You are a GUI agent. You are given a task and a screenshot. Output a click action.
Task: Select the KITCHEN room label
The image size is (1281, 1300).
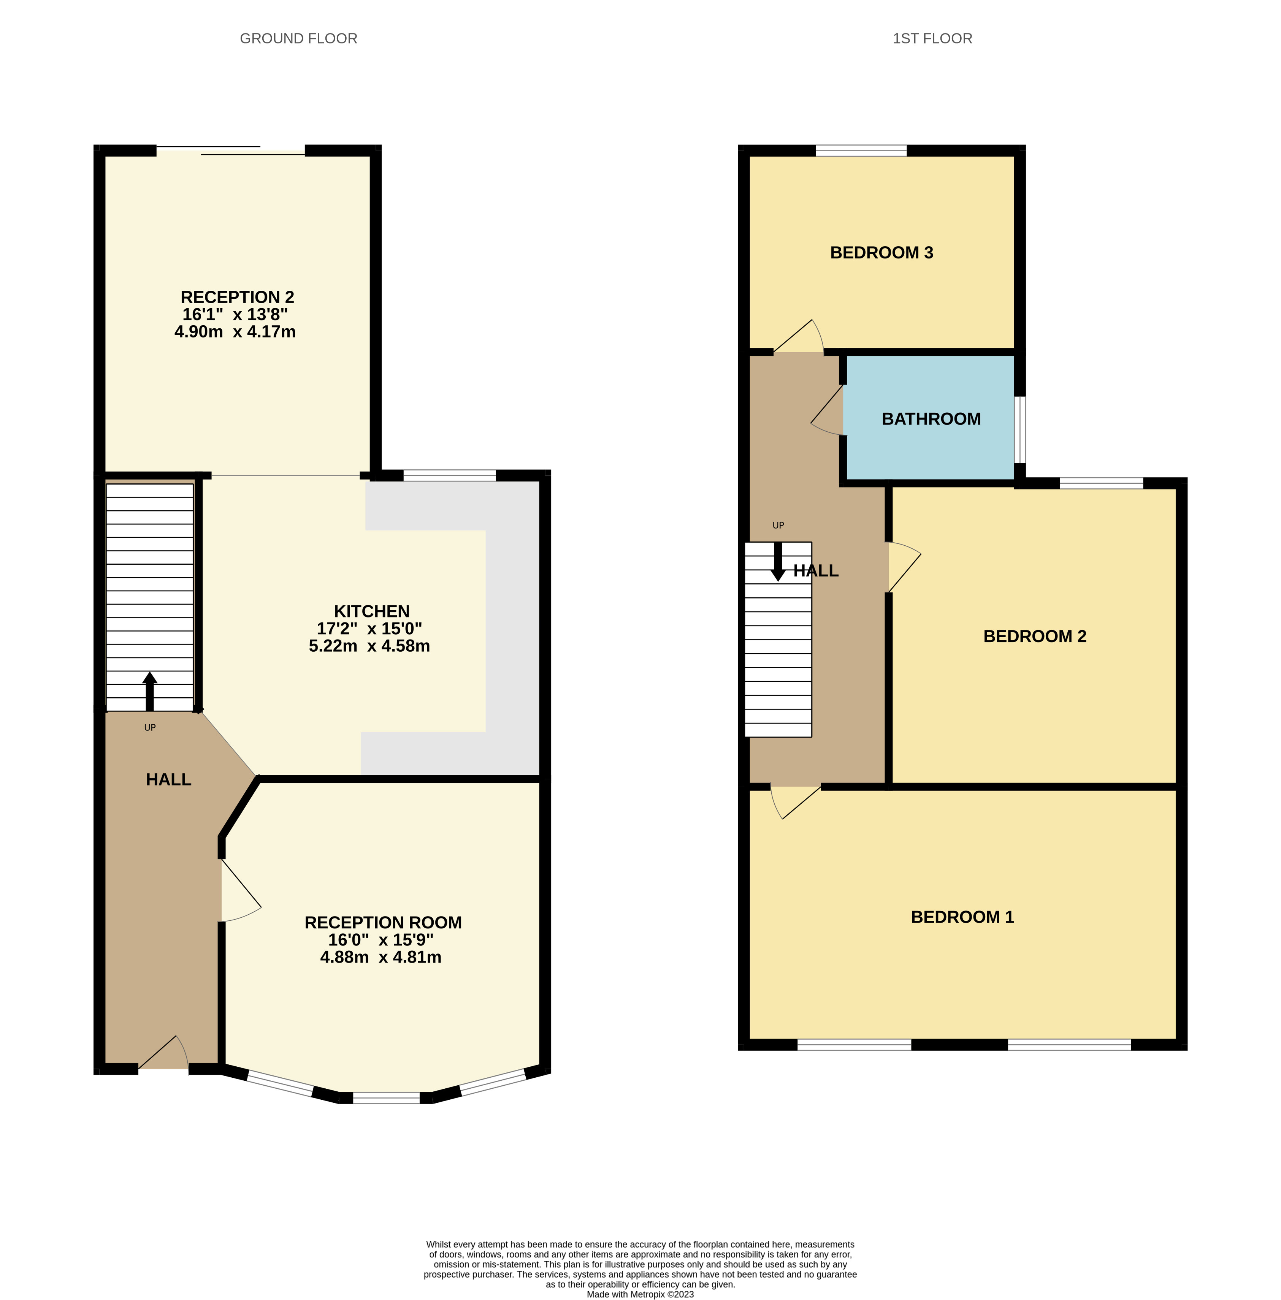[371, 611]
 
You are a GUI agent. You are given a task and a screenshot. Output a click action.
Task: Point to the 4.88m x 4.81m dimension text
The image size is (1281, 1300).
[381, 957]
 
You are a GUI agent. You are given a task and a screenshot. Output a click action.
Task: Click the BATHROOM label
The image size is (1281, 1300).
[931, 419]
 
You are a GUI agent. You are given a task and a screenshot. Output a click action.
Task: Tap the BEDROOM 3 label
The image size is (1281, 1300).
[881, 253]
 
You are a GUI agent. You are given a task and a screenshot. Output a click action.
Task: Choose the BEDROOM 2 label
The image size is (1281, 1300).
[1035, 636]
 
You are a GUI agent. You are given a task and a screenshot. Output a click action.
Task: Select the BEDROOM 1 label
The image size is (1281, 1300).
[962, 917]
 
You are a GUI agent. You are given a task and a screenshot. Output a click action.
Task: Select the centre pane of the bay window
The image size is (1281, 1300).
[386, 1098]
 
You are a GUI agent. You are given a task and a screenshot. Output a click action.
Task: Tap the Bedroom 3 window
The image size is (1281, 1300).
[861, 150]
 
